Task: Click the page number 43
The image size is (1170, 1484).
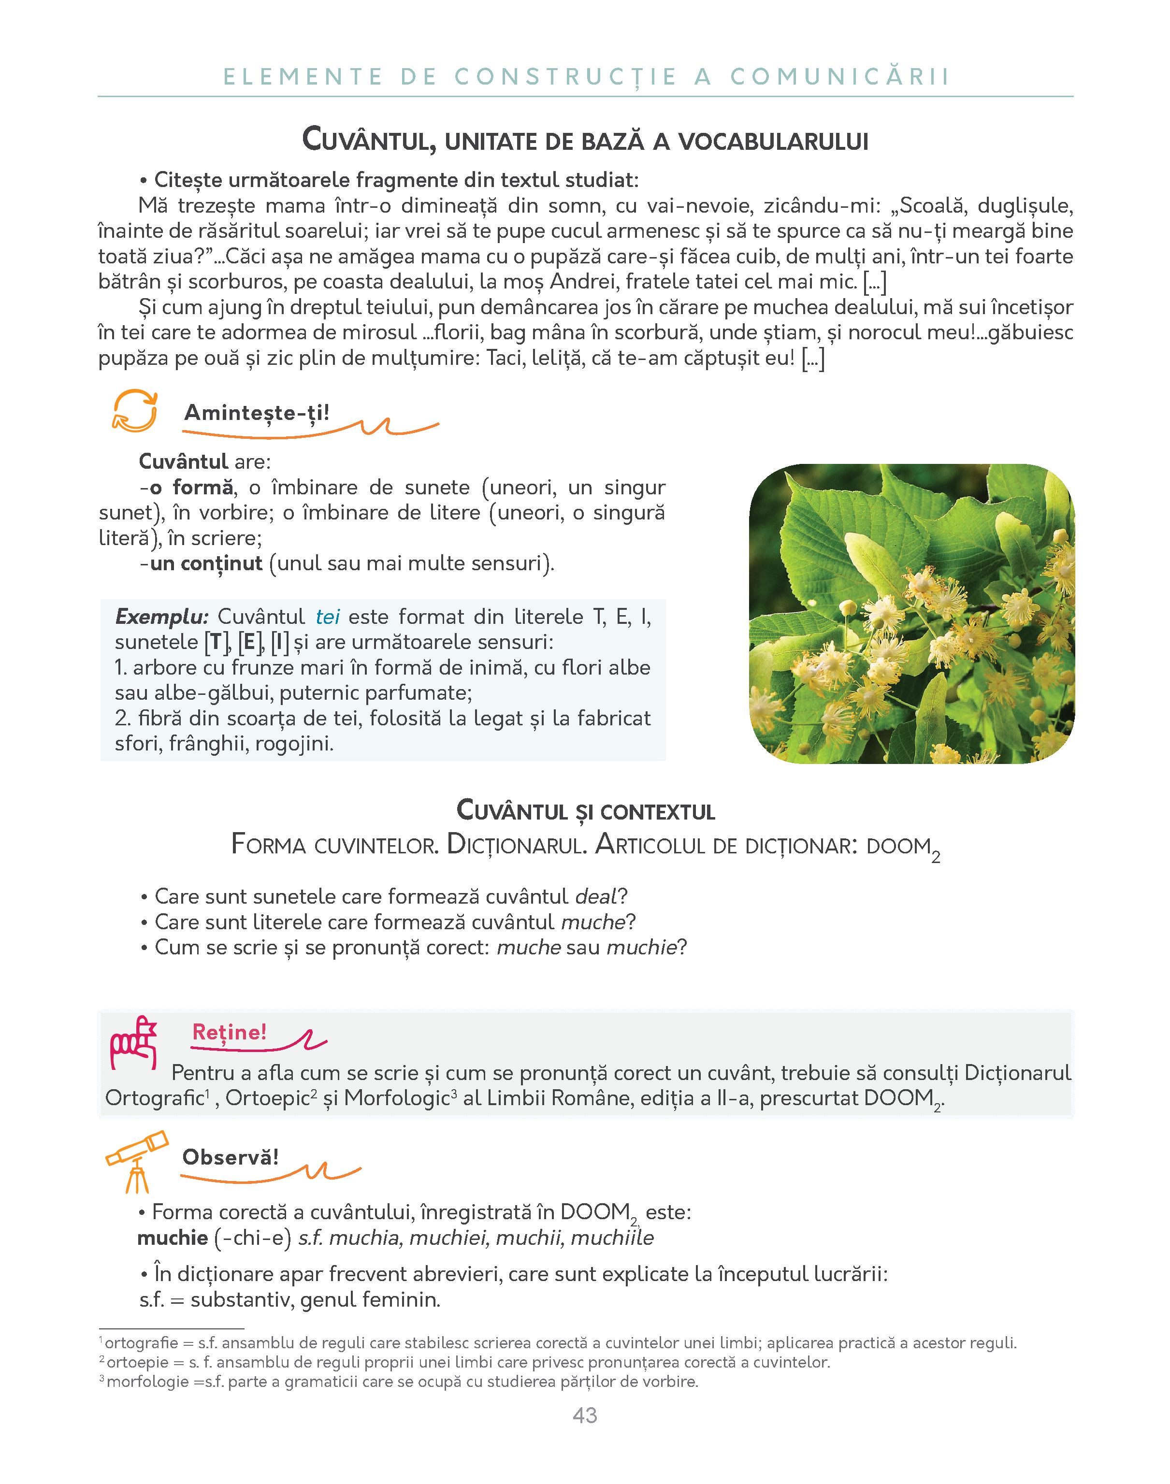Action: tap(584, 1415)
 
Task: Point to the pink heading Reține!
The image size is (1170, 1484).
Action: tap(229, 1032)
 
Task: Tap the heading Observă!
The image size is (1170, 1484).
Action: tap(230, 1157)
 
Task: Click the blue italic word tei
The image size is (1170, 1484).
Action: tap(328, 617)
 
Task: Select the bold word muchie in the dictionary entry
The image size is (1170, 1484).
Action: tap(173, 1238)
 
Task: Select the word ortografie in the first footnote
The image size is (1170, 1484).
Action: tap(141, 1343)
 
